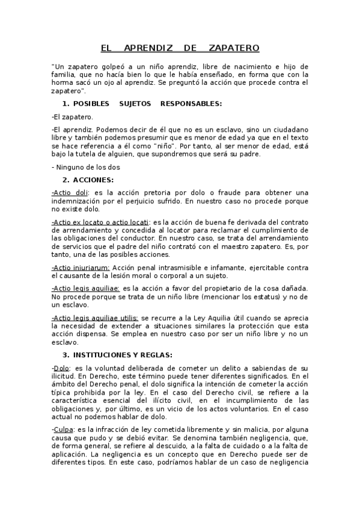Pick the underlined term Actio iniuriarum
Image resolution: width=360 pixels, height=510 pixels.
point(82,266)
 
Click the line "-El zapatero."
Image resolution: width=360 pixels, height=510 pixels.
point(72,117)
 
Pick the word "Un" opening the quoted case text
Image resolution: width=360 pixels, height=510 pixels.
point(58,66)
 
